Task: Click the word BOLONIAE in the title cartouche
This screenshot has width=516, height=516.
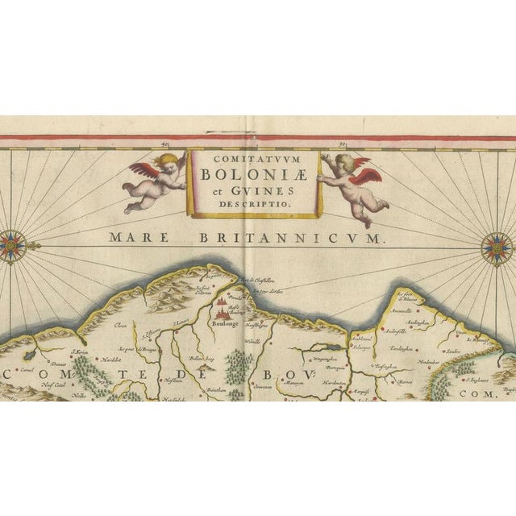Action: tap(254, 173)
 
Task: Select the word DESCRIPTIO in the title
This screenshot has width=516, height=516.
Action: tap(254, 206)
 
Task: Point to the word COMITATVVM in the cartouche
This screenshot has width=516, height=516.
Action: tap(254, 159)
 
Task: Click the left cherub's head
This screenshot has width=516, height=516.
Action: tap(168, 162)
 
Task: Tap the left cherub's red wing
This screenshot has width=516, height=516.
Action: tap(145, 171)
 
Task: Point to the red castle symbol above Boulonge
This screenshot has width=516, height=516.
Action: tap(223, 306)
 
